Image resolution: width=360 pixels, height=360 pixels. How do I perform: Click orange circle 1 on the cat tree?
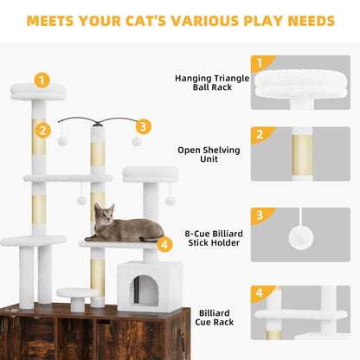pos(41,80)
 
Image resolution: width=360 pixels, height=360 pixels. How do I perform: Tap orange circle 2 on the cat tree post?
pos(41,131)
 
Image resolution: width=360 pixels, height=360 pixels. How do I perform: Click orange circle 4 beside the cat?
pos(164,243)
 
